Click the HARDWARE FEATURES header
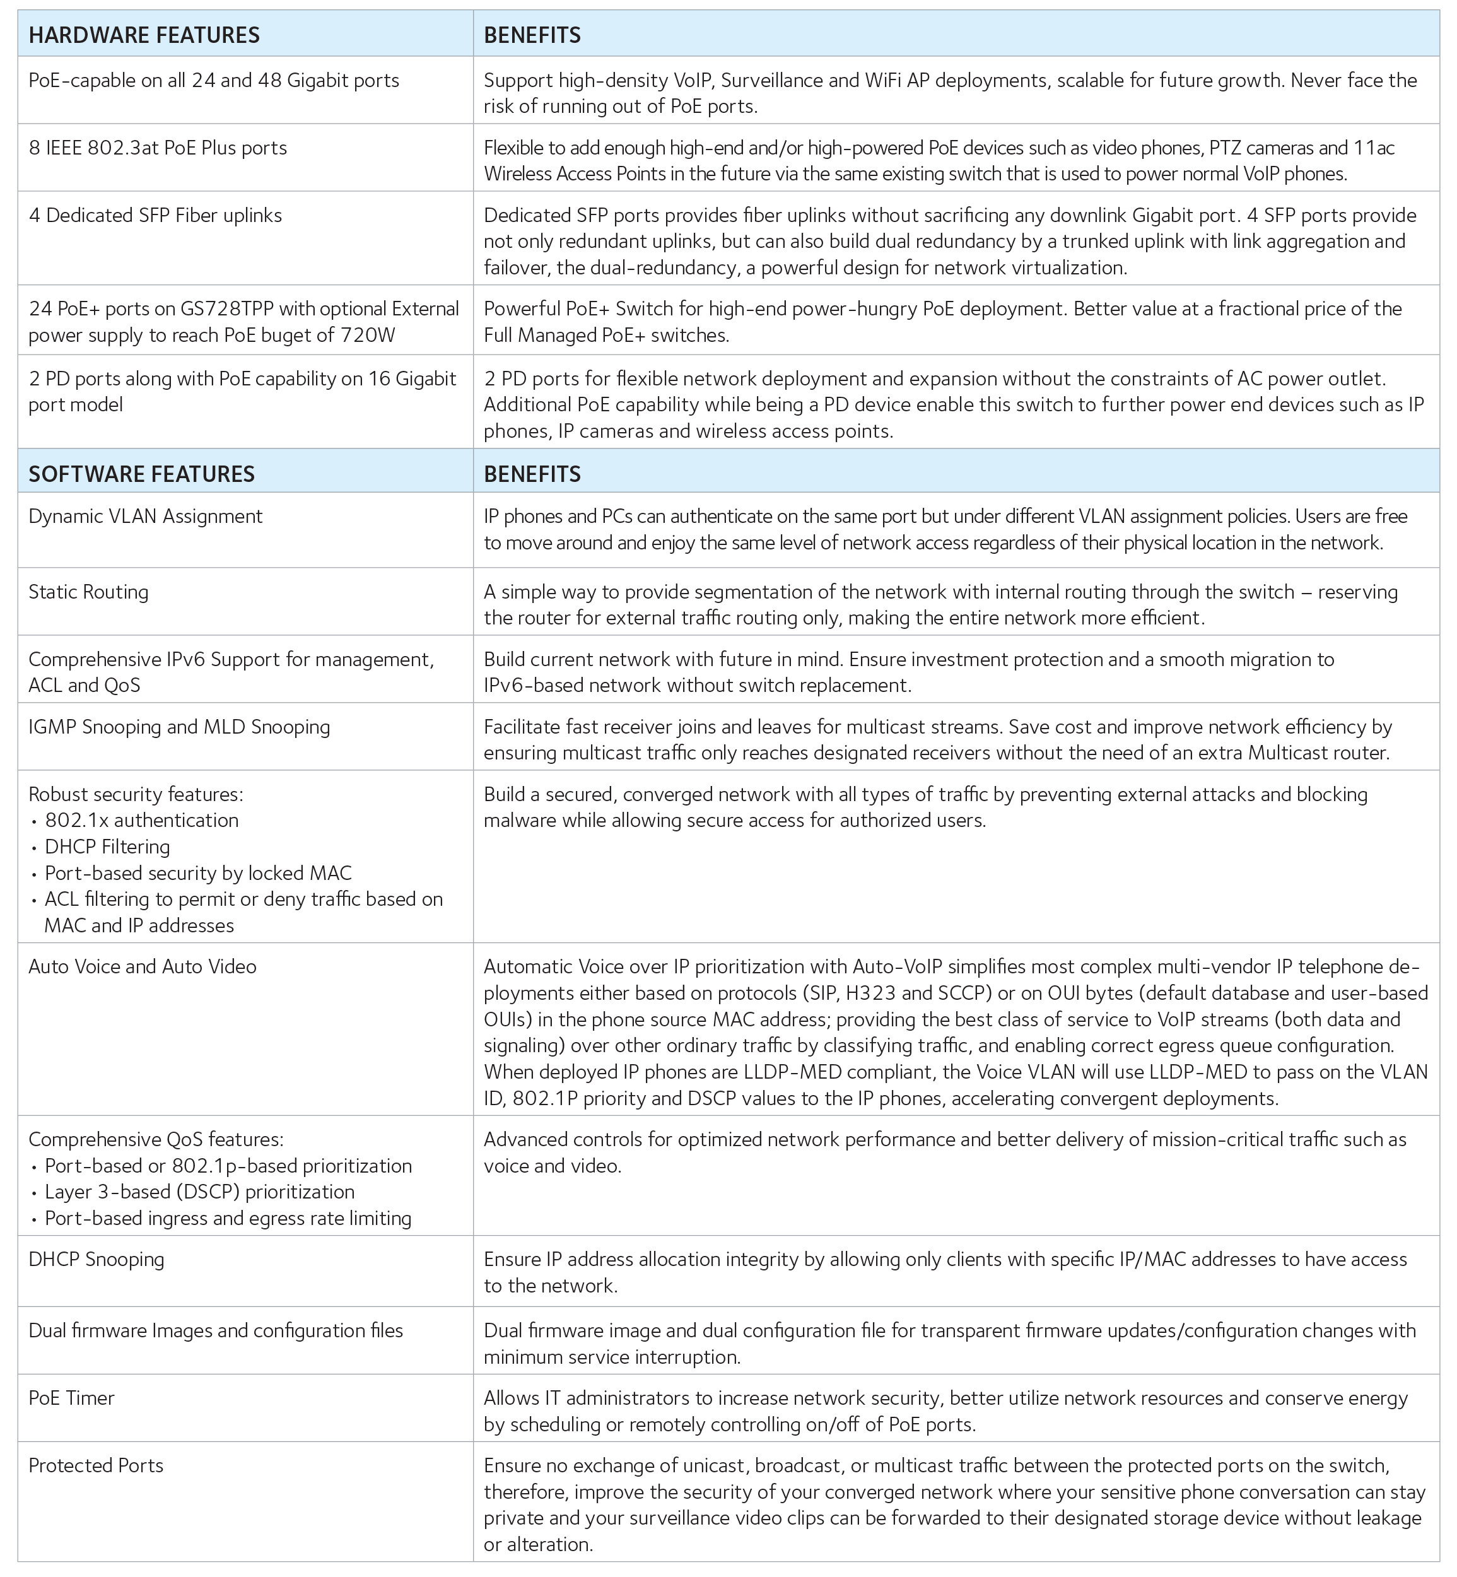144,35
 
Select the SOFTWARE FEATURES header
141,474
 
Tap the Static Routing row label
88,592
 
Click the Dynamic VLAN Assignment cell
145,517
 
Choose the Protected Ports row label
95,1466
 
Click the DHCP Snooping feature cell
96,1259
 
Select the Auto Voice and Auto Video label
142,966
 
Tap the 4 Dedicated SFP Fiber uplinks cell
155,215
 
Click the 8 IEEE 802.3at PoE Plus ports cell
158,148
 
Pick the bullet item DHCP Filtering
107,847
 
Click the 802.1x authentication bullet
141,820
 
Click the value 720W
368,336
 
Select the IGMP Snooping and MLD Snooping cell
179,727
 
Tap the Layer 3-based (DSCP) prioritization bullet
199,1192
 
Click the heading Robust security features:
136,794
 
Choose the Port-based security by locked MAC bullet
198,873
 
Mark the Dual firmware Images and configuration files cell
215,1331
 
